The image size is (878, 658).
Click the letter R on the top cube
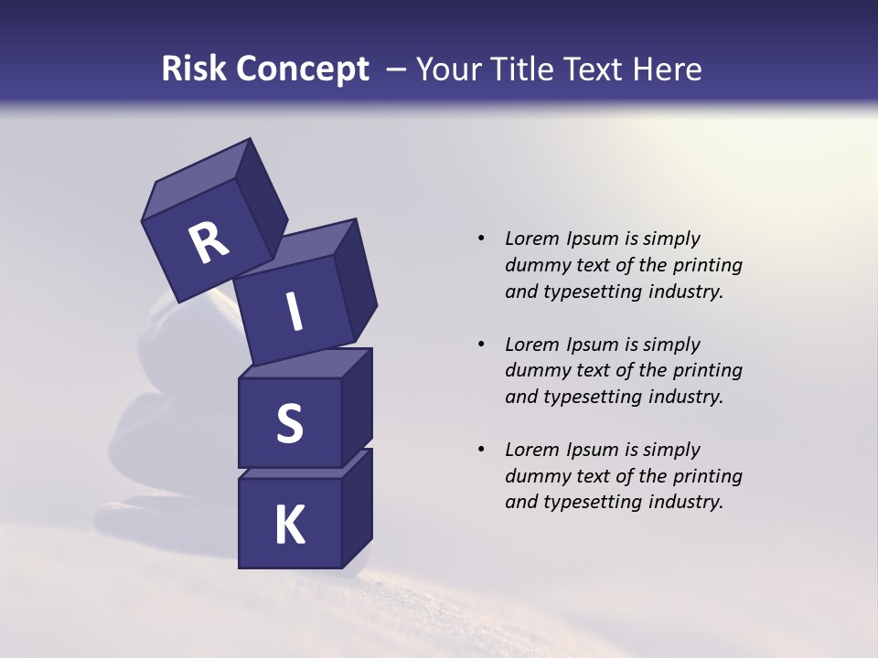click(209, 244)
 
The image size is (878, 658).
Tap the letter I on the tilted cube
click(294, 313)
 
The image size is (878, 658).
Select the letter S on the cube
click(289, 424)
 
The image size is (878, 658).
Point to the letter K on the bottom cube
click(290, 525)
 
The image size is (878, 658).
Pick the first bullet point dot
click(481, 239)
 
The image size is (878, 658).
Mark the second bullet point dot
click(481, 345)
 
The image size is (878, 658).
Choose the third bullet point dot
click(481, 450)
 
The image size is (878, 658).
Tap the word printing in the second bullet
click(708, 371)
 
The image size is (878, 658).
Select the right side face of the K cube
click(357, 510)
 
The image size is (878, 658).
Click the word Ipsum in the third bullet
click(594, 450)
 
